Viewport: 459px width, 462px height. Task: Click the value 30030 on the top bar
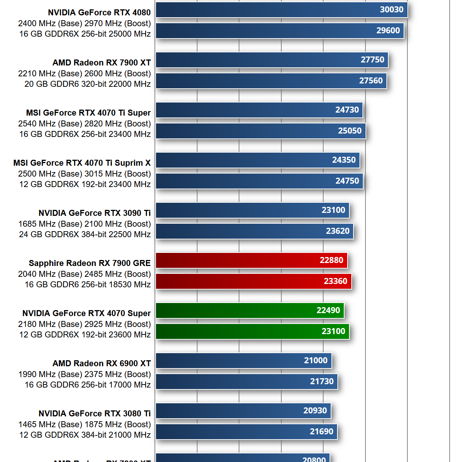click(391, 10)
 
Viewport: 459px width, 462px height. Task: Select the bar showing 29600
click(279, 31)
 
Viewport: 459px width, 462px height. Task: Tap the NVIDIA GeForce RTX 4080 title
click(99, 13)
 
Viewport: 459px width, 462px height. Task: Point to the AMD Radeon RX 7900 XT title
click(101, 63)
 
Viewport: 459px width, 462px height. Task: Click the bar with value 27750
click(272, 60)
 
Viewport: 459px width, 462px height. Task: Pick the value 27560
click(371, 81)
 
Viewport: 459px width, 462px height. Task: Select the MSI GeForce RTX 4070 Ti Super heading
click(88, 113)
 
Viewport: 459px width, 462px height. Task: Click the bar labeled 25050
click(260, 131)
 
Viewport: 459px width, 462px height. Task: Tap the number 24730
click(347, 110)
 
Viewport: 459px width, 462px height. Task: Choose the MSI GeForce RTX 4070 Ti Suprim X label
click(82, 163)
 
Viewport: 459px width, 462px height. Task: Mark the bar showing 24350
click(257, 160)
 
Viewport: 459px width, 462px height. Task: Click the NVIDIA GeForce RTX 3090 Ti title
click(94, 213)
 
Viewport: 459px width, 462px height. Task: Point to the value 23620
click(337, 231)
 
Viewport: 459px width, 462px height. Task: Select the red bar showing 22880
click(251, 260)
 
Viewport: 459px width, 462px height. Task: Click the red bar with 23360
click(253, 281)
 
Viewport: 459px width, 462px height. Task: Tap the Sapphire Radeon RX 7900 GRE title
click(89, 263)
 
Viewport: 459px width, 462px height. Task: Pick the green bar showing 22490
click(250, 310)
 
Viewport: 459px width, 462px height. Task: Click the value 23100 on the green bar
click(333, 331)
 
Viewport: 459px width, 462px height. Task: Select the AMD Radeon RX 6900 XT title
click(101, 364)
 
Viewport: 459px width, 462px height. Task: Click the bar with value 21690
click(246, 432)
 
